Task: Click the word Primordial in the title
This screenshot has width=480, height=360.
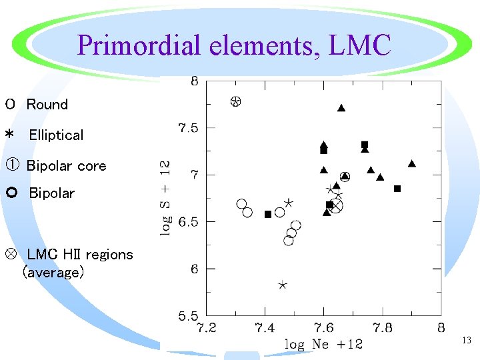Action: click(x=139, y=46)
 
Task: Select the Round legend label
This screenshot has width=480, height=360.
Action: click(x=47, y=105)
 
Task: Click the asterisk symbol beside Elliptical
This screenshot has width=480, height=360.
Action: click(x=10, y=134)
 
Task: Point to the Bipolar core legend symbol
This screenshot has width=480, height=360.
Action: click(x=12, y=165)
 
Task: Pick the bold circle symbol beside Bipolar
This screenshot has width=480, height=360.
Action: click(x=12, y=193)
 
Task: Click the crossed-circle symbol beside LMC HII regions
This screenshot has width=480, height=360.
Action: click(x=11, y=254)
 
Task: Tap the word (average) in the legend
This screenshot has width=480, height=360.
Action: click(x=53, y=272)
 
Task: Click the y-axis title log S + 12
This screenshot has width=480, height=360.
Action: click(x=165, y=199)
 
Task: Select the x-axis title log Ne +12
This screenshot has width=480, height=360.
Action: click(x=323, y=344)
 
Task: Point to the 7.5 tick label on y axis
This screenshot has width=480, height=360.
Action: click(x=188, y=127)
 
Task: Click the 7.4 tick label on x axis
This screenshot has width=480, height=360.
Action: click(x=265, y=328)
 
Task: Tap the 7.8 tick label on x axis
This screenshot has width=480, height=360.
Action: click(x=383, y=328)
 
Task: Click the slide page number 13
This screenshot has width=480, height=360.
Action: click(x=467, y=340)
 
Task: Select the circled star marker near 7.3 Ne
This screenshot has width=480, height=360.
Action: click(x=236, y=101)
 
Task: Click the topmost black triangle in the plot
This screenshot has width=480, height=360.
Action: click(x=341, y=108)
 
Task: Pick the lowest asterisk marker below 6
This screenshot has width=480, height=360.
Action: click(x=283, y=285)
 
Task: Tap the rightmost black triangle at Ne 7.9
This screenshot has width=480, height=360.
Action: click(x=412, y=163)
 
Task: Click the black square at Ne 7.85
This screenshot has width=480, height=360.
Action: click(x=397, y=189)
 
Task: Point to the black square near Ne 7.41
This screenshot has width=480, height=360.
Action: click(x=268, y=214)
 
